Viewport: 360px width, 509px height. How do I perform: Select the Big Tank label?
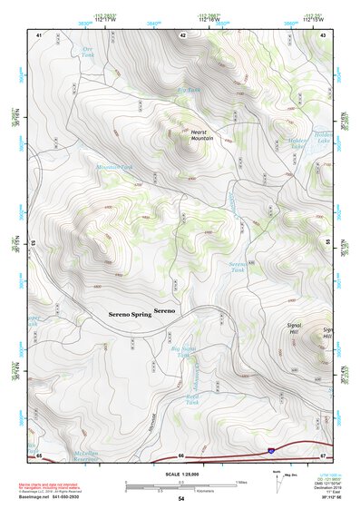[188, 90]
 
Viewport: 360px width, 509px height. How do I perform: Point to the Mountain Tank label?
[114, 167]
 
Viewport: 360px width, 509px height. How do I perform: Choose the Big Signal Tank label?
[184, 350]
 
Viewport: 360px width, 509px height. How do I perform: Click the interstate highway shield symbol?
[269, 451]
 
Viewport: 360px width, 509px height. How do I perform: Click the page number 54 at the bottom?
[181, 499]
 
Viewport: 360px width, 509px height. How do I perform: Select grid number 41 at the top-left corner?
[40, 34]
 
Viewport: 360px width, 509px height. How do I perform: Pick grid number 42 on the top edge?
[182, 34]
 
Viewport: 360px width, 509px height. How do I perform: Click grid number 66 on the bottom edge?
[181, 455]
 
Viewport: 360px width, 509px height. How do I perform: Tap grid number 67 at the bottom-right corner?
[324, 455]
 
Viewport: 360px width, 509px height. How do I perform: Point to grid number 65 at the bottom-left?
[40, 455]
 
